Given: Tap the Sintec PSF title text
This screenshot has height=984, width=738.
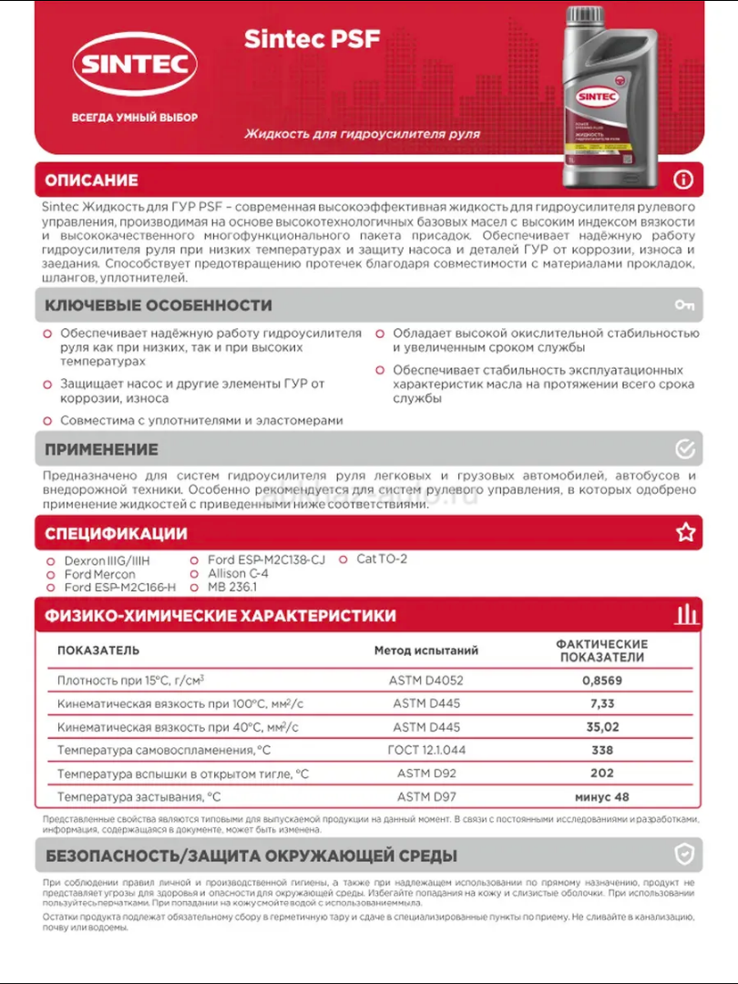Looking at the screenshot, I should coord(312,39).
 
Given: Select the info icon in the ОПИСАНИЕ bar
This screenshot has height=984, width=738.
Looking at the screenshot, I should coord(683,179).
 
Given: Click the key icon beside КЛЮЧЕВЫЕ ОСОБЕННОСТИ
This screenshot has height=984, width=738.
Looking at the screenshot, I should coord(684,305).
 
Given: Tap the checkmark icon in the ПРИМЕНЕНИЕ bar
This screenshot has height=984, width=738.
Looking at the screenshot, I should coord(685,449).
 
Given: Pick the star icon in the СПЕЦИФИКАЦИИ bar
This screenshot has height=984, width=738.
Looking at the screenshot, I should coord(685,533).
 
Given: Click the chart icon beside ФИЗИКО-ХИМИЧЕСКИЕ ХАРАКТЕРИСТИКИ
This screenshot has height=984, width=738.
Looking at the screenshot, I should coord(685,615).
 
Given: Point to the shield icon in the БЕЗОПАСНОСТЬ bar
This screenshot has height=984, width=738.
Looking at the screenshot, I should coord(684,855).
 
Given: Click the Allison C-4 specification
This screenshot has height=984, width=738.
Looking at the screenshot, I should coord(238,574).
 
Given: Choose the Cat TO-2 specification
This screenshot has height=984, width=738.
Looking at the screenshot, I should coord(381,559).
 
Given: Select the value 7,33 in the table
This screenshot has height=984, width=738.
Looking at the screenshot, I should coord(601,703).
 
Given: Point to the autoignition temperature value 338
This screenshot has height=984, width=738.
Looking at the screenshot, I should coord(601,751).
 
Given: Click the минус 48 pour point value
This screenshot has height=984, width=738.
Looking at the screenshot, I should coord(601,797).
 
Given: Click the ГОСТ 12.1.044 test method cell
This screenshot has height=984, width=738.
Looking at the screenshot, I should coord(426,751).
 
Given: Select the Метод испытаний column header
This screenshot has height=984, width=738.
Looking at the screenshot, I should coord(426,651).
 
